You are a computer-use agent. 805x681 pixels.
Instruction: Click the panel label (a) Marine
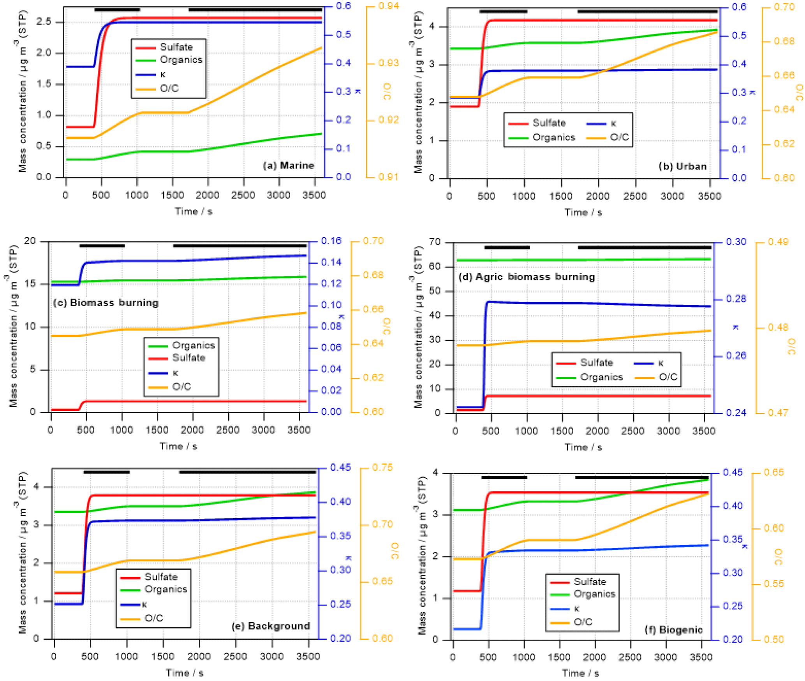pos(288,165)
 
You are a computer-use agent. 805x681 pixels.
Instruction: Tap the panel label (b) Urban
pos(682,166)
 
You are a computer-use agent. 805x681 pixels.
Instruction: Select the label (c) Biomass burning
pos(106,303)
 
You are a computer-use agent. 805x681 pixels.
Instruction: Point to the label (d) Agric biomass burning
pos(526,277)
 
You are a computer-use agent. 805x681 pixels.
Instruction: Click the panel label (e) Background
pos(271,626)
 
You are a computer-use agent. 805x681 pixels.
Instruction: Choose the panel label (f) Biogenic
pos(673,630)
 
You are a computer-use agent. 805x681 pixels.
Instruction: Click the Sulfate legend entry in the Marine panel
pos(176,47)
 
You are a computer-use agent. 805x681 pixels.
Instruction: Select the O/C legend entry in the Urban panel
pos(619,137)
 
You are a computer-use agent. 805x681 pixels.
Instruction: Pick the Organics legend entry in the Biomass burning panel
pos(193,345)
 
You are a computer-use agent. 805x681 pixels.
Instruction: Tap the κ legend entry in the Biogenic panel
pos(576,608)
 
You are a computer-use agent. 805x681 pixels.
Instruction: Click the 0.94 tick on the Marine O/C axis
pos(388,6)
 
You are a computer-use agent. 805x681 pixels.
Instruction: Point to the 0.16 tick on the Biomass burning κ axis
pos(331,241)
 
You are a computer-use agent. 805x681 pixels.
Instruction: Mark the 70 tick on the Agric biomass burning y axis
pos(435,242)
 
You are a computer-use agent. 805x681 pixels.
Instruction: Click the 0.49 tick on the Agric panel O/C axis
pos(778,242)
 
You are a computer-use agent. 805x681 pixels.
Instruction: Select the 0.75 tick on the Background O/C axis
pos(382,467)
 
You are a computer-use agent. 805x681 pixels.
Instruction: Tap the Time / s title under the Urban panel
pos(583,213)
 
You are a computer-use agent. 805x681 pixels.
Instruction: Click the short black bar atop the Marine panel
pos(117,9)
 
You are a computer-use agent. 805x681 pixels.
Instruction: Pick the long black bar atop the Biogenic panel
pos(641,477)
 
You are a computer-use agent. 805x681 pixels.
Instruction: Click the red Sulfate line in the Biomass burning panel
pos(195,401)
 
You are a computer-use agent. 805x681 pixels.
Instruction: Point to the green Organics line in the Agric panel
pos(584,260)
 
